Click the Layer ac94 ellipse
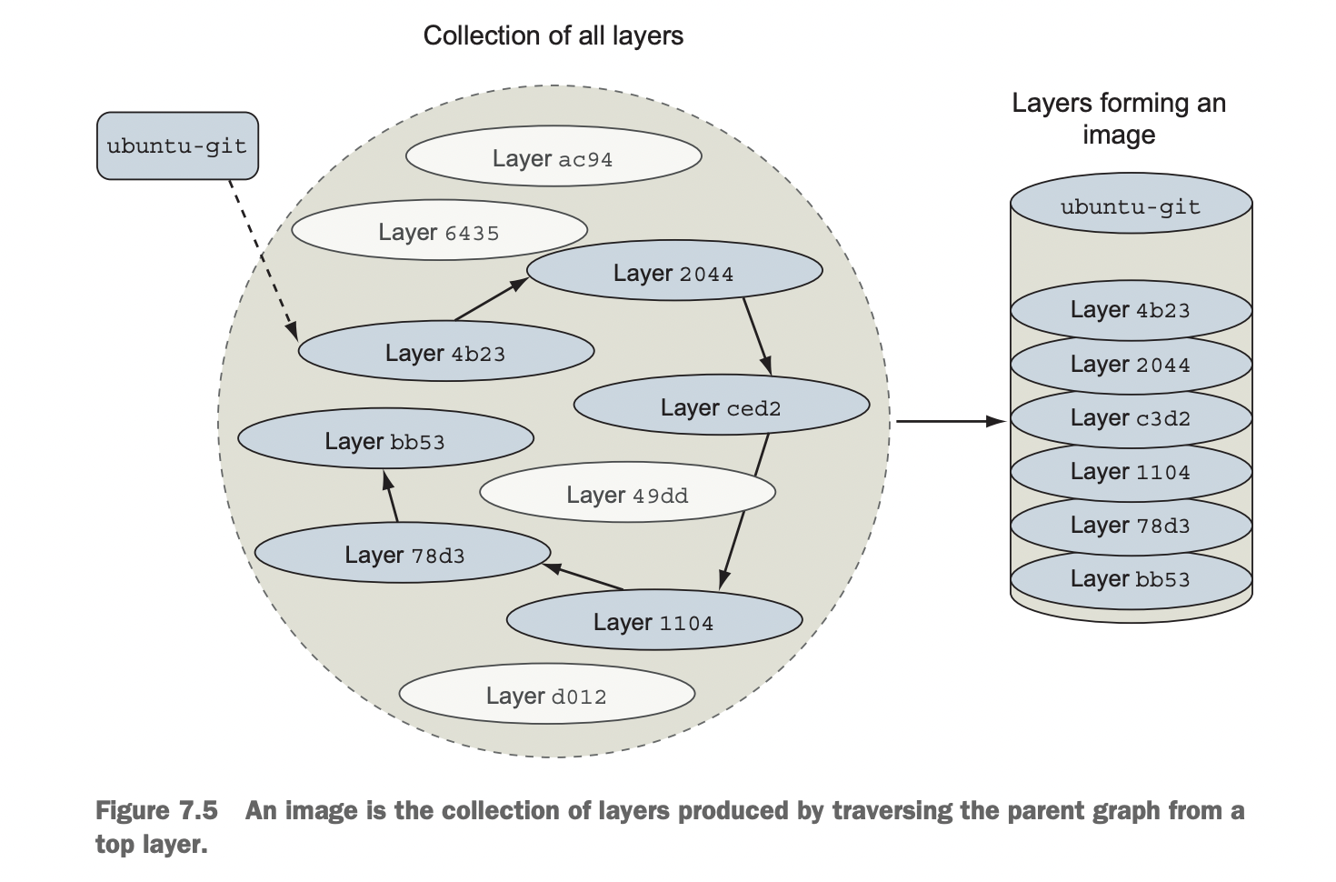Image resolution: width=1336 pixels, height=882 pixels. (553, 157)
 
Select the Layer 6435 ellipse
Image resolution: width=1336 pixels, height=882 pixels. (439, 231)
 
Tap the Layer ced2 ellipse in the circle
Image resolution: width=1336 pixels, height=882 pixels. (722, 406)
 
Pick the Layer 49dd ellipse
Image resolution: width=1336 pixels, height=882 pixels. (627, 494)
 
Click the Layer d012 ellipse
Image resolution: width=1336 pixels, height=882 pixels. (546, 695)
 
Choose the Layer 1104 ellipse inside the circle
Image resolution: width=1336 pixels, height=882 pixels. (653, 621)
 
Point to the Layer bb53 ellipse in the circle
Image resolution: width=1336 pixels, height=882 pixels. (385, 440)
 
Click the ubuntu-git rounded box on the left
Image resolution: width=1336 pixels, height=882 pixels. (177, 145)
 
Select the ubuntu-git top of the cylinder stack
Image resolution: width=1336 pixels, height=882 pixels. (1131, 206)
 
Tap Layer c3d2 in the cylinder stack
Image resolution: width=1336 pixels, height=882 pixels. (1131, 417)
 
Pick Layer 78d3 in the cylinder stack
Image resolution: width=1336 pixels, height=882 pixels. (1131, 525)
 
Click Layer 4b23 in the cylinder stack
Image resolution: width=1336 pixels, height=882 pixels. (1131, 309)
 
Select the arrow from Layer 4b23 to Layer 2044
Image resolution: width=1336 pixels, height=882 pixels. (491, 299)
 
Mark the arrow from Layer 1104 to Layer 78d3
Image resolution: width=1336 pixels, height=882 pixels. (583, 576)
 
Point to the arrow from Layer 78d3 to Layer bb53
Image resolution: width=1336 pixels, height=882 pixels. (391, 496)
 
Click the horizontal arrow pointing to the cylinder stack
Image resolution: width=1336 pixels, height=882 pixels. (950, 421)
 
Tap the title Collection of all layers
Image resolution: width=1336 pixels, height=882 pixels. (553, 35)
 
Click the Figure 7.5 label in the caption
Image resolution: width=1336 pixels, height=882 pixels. (156, 810)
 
